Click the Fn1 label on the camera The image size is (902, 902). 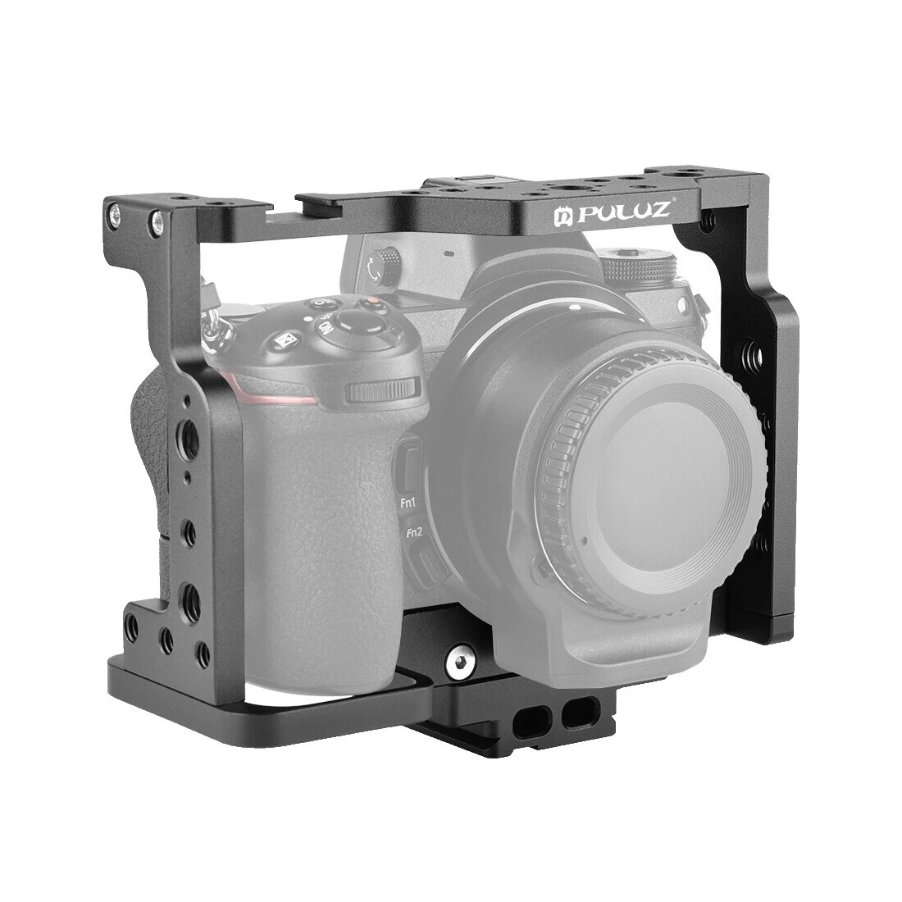point(406,505)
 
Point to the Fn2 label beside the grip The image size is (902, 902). point(412,532)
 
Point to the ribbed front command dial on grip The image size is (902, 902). point(380,391)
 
